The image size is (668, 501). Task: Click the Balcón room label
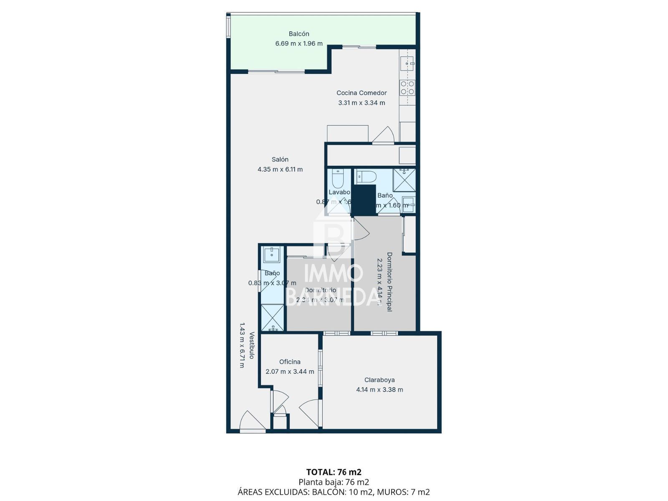(299, 34)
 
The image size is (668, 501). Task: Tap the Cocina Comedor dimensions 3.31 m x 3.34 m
(361, 103)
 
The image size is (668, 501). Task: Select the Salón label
(280, 159)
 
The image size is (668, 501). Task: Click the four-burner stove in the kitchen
(407, 88)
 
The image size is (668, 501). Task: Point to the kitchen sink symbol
(407, 63)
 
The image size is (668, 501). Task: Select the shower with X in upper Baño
(404, 180)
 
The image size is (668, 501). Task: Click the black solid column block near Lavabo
(364, 200)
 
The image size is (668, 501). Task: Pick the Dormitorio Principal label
(389, 281)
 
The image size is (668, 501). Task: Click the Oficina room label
(290, 362)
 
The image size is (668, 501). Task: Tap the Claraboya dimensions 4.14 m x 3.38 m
(379, 390)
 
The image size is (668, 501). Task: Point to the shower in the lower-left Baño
(272, 318)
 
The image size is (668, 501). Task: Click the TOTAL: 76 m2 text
(334, 472)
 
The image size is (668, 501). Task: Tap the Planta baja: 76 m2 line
(334, 482)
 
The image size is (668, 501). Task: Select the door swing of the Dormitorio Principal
(360, 231)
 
